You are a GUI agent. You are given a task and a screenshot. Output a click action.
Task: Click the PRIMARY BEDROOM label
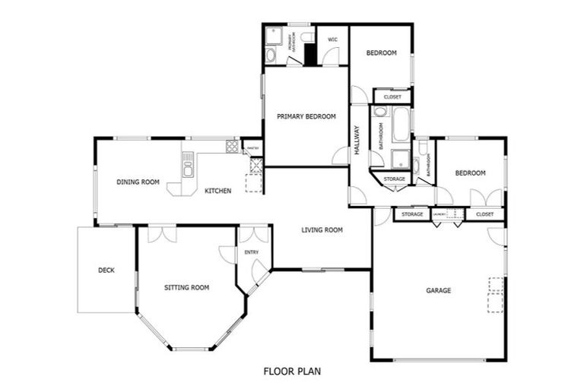[x=306, y=116]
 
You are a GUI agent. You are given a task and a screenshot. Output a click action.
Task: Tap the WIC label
[x=332, y=40]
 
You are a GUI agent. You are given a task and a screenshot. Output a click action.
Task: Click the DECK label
[x=106, y=270]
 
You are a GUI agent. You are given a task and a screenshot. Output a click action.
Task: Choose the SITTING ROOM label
[x=186, y=287]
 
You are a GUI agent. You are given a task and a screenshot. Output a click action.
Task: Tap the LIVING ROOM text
[x=322, y=229]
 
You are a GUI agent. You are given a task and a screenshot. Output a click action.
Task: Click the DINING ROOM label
[x=138, y=182]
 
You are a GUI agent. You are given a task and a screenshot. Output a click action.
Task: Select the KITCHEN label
[x=217, y=191]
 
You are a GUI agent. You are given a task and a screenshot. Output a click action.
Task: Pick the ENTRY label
[x=251, y=252]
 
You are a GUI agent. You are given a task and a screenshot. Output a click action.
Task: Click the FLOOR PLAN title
[x=292, y=372]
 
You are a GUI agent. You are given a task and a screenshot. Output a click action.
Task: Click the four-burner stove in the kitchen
[x=232, y=145]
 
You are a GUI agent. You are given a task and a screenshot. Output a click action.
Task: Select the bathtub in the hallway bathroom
[x=400, y=125]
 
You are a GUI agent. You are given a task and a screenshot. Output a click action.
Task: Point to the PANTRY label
[x=254, y=148]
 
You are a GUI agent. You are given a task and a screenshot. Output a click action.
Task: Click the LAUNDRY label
[x=439, y=215]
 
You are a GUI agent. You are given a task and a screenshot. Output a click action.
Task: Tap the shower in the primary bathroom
[x=274, y=36]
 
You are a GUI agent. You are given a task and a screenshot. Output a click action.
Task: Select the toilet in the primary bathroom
[x=306, y=36]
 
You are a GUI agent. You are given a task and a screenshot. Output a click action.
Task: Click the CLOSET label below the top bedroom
[x=392, y=97]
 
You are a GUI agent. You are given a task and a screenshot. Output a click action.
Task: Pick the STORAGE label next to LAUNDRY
[x=412, y=215]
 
